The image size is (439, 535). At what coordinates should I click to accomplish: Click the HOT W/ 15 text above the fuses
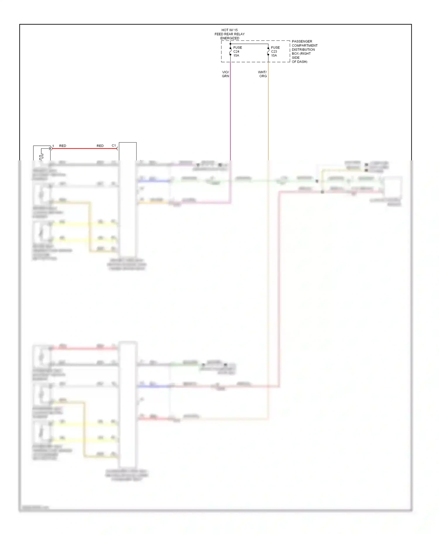point(229,30)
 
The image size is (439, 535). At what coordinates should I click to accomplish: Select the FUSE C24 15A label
point(237,52)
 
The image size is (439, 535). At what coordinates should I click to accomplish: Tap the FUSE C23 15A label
point(275,52)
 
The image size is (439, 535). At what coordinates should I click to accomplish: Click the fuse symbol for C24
point(230,52)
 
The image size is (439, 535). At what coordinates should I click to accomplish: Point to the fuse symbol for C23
point(268,52)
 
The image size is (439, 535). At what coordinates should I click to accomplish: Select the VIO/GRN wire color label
point(225,74)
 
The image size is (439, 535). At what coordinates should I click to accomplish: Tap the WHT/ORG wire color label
point(263,74)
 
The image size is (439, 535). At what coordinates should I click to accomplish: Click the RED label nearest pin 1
point(63,146)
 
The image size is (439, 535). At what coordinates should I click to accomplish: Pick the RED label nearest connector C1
point(100,146)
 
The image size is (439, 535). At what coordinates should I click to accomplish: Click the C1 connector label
point(114,145)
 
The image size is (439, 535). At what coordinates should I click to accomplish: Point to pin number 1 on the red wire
point(53,146)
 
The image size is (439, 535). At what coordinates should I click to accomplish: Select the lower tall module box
point(128,404)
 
